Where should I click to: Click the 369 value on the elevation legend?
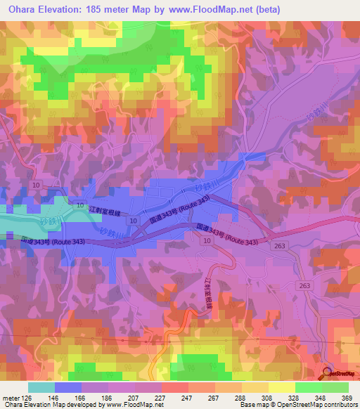click(345, 397)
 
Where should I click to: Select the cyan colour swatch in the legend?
click(41, 387)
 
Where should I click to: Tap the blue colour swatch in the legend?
click(67, 387)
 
